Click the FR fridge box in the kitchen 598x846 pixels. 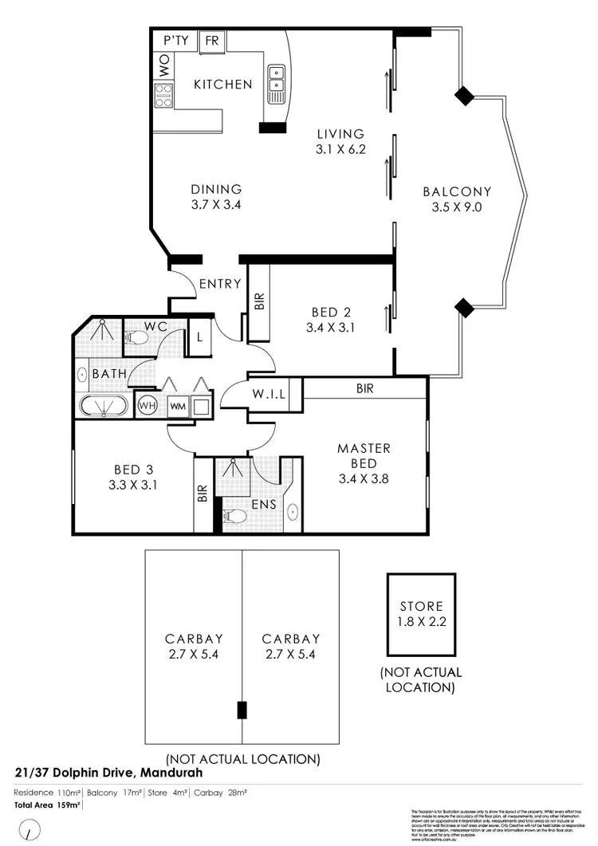pyautogui.click(x=213, y=41)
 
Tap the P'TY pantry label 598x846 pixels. pyautogui.click(x=176, y=41)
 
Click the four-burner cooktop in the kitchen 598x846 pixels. pyautogui.click(x=164, y=96)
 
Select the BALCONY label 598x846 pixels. pyautogui.click(x=457, y=191)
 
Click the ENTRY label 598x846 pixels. pyautogui.click(x=220, y=284)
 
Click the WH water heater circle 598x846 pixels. pyautogui.click(x=147, y=406)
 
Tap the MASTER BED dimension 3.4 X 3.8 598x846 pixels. pyautogui.click(x=364, y=479)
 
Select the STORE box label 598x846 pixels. pyautogui.click(x=421, y=606)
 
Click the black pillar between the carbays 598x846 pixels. pyautogui.click(x=242, y=709)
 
